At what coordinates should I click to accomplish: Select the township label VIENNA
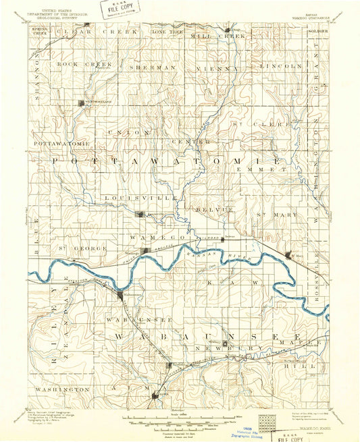(x=217, y=68)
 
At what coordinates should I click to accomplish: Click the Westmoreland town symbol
(x=84, y=103)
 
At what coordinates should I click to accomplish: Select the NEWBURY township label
(x=219, y=351)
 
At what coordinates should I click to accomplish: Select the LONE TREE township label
(x=166, y=32)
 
